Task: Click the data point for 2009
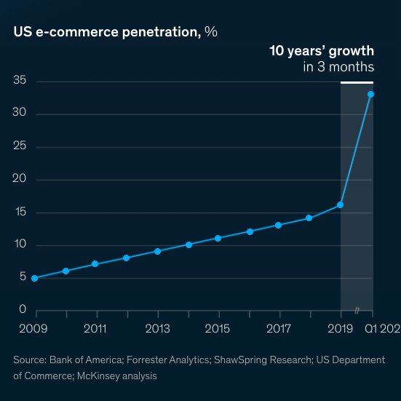(35, 278)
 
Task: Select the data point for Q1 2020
(370, 94)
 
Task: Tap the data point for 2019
(340, 205)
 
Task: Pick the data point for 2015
(218, 238)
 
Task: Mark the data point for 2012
(127, 258)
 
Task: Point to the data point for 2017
(279, 225)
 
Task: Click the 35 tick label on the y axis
(20, 80)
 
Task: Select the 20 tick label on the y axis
(20, 180)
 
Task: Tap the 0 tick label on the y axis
(23, 311)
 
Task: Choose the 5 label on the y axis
(23, 278)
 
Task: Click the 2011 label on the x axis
(96, 329)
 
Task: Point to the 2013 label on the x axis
(157, 329)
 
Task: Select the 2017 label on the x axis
(279, 329)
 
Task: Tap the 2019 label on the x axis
(341, 329)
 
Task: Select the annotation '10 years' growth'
(322, 51)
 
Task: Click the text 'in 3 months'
(338, 67)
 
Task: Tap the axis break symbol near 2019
(357, 311)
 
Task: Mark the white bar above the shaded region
(357, 82)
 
